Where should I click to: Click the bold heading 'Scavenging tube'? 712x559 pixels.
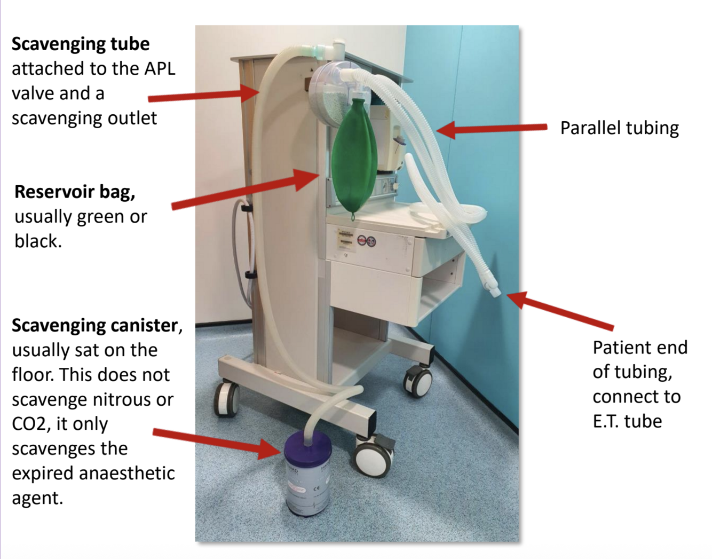(81, 44)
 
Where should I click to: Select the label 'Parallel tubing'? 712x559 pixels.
(619, 128)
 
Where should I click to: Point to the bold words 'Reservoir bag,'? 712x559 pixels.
(75, 192)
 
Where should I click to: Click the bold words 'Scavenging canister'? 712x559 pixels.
(94, 325)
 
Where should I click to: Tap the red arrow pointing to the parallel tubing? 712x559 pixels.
(492, 129)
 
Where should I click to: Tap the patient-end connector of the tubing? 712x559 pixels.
(494, 291)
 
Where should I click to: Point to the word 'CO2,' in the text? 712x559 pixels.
(33, 424)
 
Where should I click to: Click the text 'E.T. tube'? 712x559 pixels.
(627, 421)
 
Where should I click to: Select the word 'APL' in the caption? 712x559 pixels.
(160, 69)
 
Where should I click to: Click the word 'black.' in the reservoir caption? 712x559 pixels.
(38, 241)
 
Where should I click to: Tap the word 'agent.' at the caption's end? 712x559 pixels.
(37, 498)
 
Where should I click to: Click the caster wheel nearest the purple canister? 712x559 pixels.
(373, 459)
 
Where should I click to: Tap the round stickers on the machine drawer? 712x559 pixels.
(366, 241)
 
